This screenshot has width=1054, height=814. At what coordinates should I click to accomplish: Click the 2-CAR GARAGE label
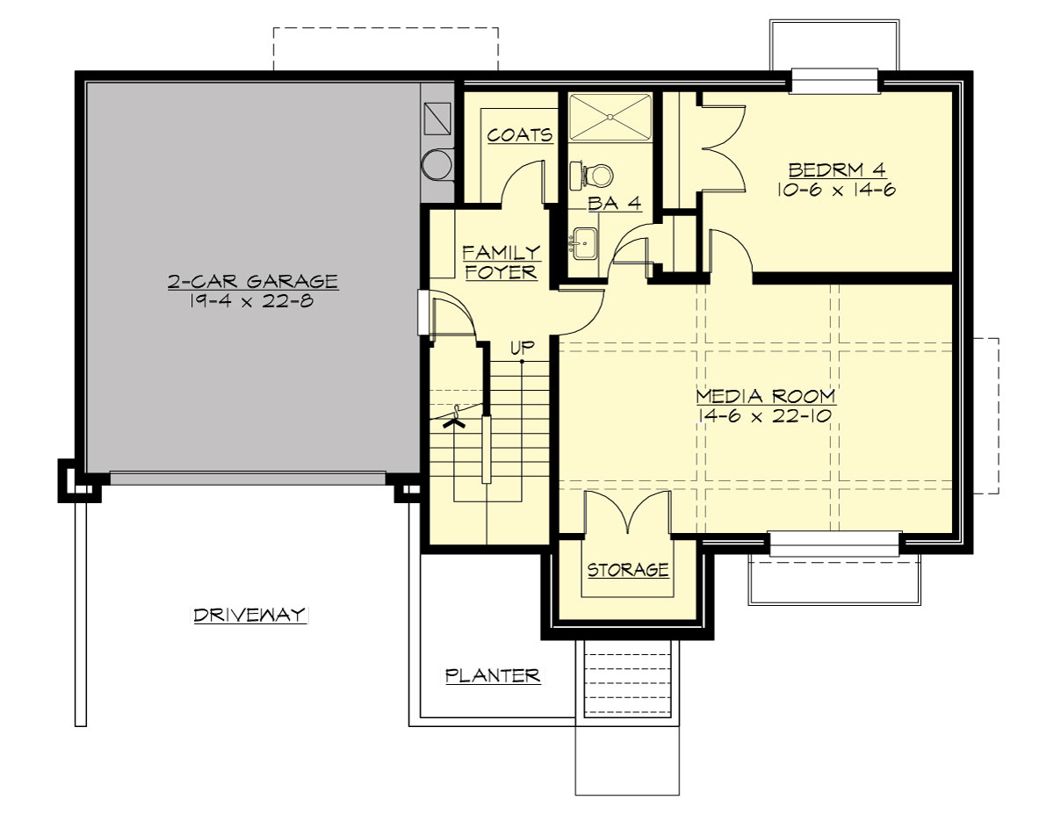253,281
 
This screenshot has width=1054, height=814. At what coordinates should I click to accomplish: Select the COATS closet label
520,135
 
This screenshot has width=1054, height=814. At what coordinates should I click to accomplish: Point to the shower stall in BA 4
610,117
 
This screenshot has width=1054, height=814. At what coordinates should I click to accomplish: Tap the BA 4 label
615,204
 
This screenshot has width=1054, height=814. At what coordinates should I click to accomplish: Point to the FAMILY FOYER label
502,263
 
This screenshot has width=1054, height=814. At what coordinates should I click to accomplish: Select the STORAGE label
628,570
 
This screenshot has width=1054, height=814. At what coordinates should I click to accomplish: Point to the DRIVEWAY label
250,615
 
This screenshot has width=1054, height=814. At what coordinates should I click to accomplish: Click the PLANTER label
492,675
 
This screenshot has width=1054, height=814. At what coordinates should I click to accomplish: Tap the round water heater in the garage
437,164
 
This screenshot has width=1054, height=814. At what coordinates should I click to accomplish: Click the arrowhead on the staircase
454,422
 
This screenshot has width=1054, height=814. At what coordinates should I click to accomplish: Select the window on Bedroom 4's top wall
834,81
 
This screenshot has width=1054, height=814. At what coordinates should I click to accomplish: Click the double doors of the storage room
628,512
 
